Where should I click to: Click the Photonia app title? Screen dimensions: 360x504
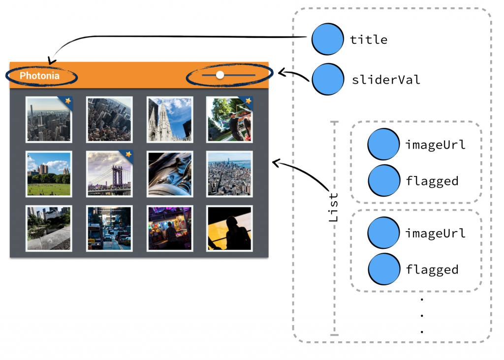coord(39,76)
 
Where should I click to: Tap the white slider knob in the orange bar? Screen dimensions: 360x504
coord(220,75)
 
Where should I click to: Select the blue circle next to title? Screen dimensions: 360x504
coord(328,39)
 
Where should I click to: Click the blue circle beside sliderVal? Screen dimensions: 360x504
coord(328,79)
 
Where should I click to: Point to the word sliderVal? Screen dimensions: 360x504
coord(386,80)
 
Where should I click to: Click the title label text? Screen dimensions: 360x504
coord(369,40)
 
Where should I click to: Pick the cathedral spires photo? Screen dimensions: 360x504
coord(170,120)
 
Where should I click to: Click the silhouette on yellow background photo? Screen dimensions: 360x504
coord(229,229)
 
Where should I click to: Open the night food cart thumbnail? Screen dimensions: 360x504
coord(170,229)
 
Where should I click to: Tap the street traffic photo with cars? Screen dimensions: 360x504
coord(109,229)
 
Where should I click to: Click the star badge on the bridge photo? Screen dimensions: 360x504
coord(128,154)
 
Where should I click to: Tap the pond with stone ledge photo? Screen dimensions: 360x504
coord(49,229)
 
